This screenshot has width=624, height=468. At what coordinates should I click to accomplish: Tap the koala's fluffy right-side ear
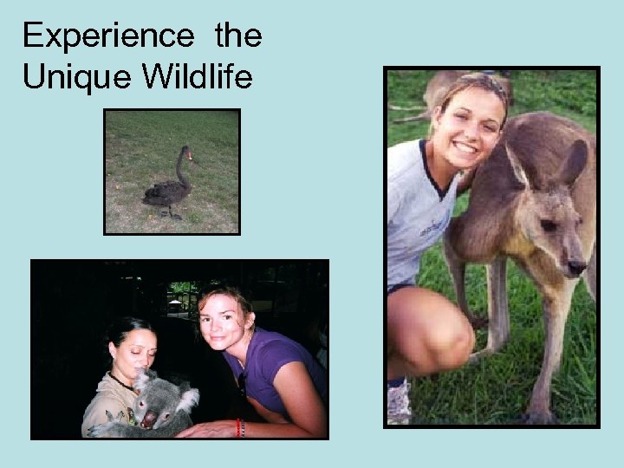tap(185, 399)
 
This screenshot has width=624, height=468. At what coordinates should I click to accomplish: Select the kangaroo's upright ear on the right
tap(575, 160)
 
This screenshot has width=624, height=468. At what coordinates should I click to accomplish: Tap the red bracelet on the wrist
tap(239, 428)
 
